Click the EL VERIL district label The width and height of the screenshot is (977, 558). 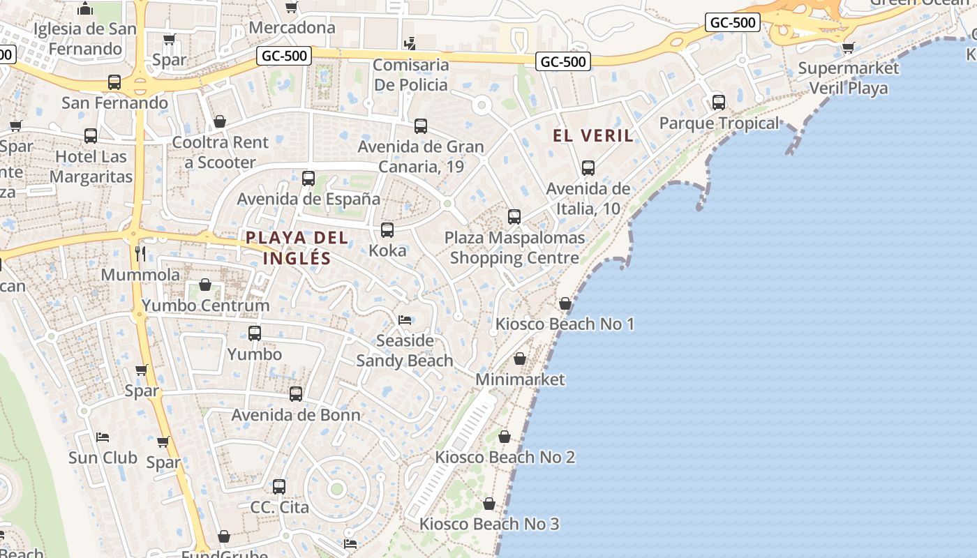(593, 135)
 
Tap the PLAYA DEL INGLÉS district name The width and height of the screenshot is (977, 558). (297, 248)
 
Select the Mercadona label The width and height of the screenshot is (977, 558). (292, 28)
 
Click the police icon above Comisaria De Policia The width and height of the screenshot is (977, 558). (410, 43)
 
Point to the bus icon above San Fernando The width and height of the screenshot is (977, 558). (114, 82)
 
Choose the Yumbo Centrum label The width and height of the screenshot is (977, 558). (205, 306)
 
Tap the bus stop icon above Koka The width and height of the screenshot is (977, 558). (387, 229)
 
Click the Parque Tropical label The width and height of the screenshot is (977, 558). (719, 123)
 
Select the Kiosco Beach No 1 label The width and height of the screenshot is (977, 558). (565, 324)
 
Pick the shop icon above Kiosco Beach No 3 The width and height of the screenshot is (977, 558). (489, 504)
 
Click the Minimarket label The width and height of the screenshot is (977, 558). (520, 379)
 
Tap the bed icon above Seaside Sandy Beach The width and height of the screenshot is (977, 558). (405, 320)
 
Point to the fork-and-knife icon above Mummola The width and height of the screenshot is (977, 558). (140, 253)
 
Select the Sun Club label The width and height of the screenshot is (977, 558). (103, 458)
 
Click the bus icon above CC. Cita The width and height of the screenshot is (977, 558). (279, 486)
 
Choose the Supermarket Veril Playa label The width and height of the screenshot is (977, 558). (848, 78)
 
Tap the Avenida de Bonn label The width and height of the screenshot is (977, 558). (296, 415)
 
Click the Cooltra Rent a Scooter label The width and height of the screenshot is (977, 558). (220, 152)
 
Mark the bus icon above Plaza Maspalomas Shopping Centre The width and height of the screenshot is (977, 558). (514, 217)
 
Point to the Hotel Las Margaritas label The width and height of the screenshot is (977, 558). (91, 166)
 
